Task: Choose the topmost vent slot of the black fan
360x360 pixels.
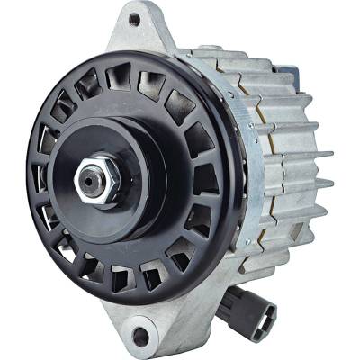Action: (118, 78)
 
